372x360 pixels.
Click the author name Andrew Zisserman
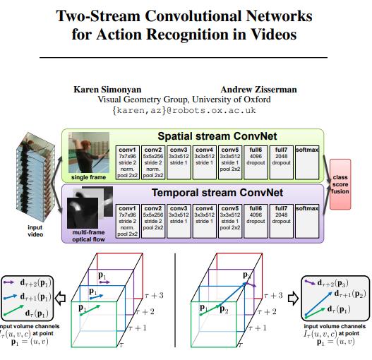pos(258,90)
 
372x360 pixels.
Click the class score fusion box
pos(340,185)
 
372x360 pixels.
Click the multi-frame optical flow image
pos(88,208)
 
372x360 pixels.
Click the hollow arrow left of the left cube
pos(63,297)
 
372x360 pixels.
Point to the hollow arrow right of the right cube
pos(294,297)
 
